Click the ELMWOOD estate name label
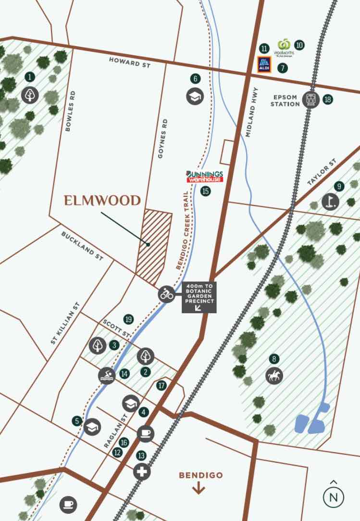[x=102, y=201]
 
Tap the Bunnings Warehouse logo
[x=205, y=176]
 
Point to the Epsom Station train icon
[x=311, y=100]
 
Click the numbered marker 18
[x=328, y=100]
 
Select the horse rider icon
[x=274, y=375]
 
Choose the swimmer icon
[x=107, y=375]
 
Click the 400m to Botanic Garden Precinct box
[x=199, y=297]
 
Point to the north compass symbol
[x=334, y=496]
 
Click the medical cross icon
[x=142, y=471]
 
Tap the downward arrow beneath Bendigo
[x=199, y=489]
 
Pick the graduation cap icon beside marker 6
[x=195, y=96]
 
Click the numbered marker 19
[x=128, y=319]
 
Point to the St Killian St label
[x=65, y=323]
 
